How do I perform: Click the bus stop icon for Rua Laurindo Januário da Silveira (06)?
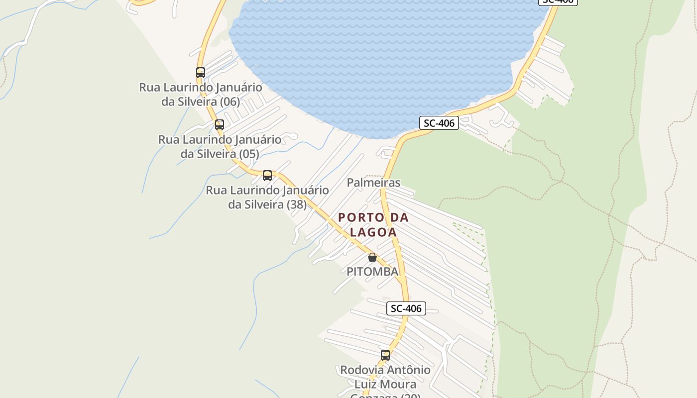(x=201, y=73)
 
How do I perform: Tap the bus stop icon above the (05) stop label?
(x=220, y=125)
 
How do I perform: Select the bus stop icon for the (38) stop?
(x=267, y=176)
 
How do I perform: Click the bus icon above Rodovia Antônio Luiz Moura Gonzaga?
(x=385, y=355)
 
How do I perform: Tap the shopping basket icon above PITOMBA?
(x=372, y=257)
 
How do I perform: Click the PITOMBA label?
(x=372, y=272)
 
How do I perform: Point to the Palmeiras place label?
(x=373, y=183)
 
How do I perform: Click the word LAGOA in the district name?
(x=373, y=232)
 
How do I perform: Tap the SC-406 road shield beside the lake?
(x=439, y=123)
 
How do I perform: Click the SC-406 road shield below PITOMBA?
(x=406, y=308)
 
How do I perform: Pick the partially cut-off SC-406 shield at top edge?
(x=558, y=1)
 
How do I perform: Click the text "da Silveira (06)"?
(x=201, y=101)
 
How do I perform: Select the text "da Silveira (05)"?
(x=220, y=154)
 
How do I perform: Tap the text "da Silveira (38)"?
(x=267, y=204)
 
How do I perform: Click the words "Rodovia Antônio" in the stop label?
(x=385, y=370)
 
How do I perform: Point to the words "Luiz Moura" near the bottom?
(x=385, y=385)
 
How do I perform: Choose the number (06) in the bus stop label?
(x=230, y=101)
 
